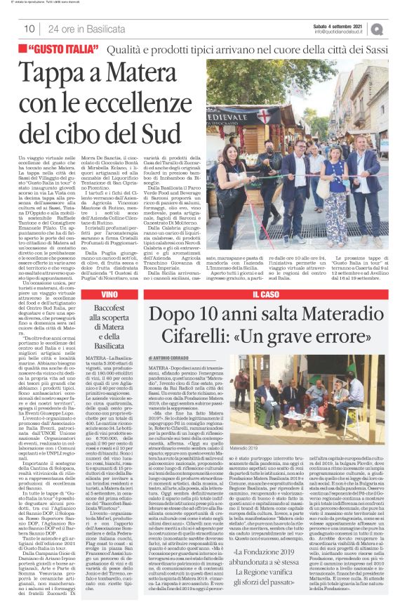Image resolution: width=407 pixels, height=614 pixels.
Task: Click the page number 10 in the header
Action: pos(29,29)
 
